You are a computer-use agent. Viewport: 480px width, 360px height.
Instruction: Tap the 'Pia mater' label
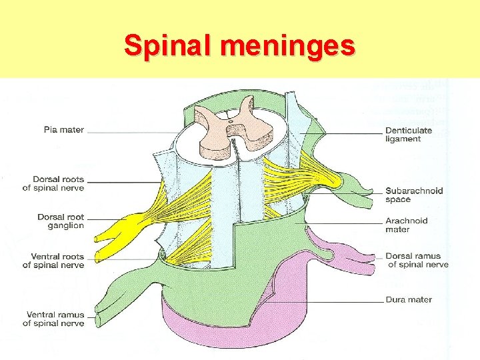point(64,129)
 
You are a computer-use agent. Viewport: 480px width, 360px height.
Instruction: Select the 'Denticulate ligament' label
point(409,135)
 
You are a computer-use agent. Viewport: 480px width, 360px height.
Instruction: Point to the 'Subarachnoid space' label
point(414,195)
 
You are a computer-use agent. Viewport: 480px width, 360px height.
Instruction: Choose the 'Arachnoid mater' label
point(407,225)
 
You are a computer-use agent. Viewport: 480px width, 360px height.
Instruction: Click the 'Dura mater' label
point(409,299)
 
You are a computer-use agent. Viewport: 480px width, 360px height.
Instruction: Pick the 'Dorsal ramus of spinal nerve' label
point(417,260)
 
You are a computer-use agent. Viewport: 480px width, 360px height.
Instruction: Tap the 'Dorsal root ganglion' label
point(61,221)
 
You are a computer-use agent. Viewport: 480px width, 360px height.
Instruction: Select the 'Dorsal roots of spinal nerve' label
point(53,183)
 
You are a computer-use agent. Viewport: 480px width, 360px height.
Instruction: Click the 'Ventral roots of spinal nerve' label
point(53,260)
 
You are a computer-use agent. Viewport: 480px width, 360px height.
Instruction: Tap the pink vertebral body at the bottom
point(220,330)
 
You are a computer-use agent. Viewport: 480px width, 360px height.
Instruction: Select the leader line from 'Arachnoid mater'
point(347,223)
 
